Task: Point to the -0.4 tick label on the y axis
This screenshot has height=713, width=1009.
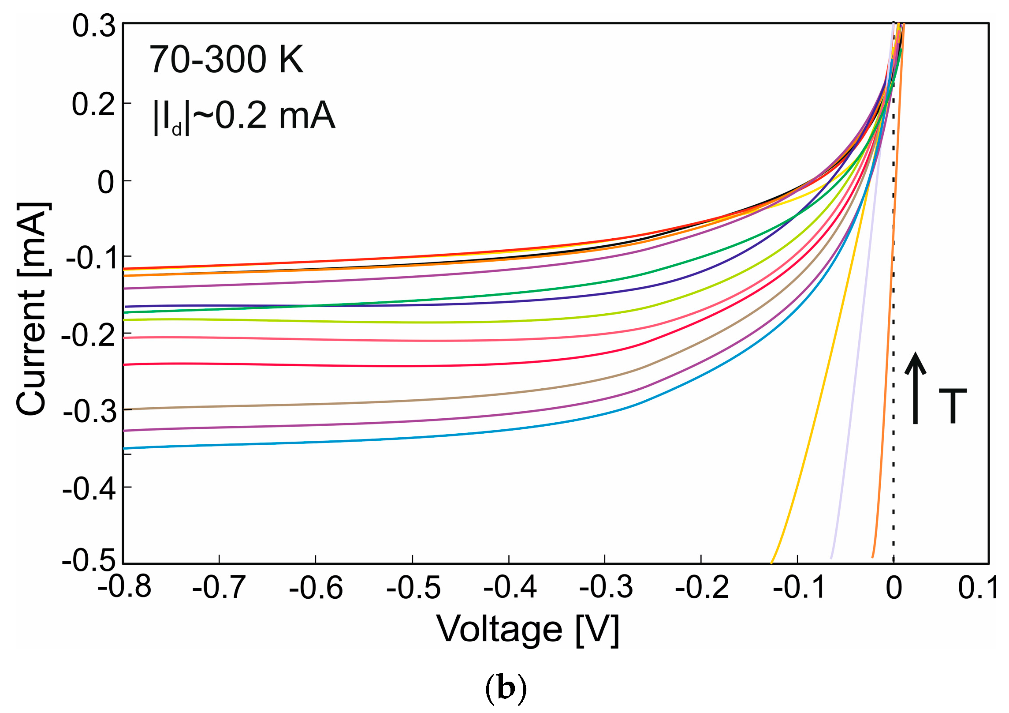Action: [x=89, y=489]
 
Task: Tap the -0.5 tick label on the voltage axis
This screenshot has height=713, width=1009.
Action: [x=413, y=588]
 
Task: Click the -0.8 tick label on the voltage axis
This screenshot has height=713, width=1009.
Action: [x=124, y=588]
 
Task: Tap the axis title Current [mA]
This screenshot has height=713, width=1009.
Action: [x=33, y=309]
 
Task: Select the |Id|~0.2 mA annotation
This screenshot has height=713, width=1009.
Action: [x=244, y=116]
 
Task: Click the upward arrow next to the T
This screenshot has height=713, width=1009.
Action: [x=915, y=388]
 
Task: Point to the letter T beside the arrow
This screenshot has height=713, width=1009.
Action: [x=953, y=406]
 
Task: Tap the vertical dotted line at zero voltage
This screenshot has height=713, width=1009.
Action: [x=894, y=441]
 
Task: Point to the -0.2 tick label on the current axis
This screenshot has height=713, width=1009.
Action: [x=89, y=335]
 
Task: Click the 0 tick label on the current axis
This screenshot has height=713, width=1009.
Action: [x=106, y=182]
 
